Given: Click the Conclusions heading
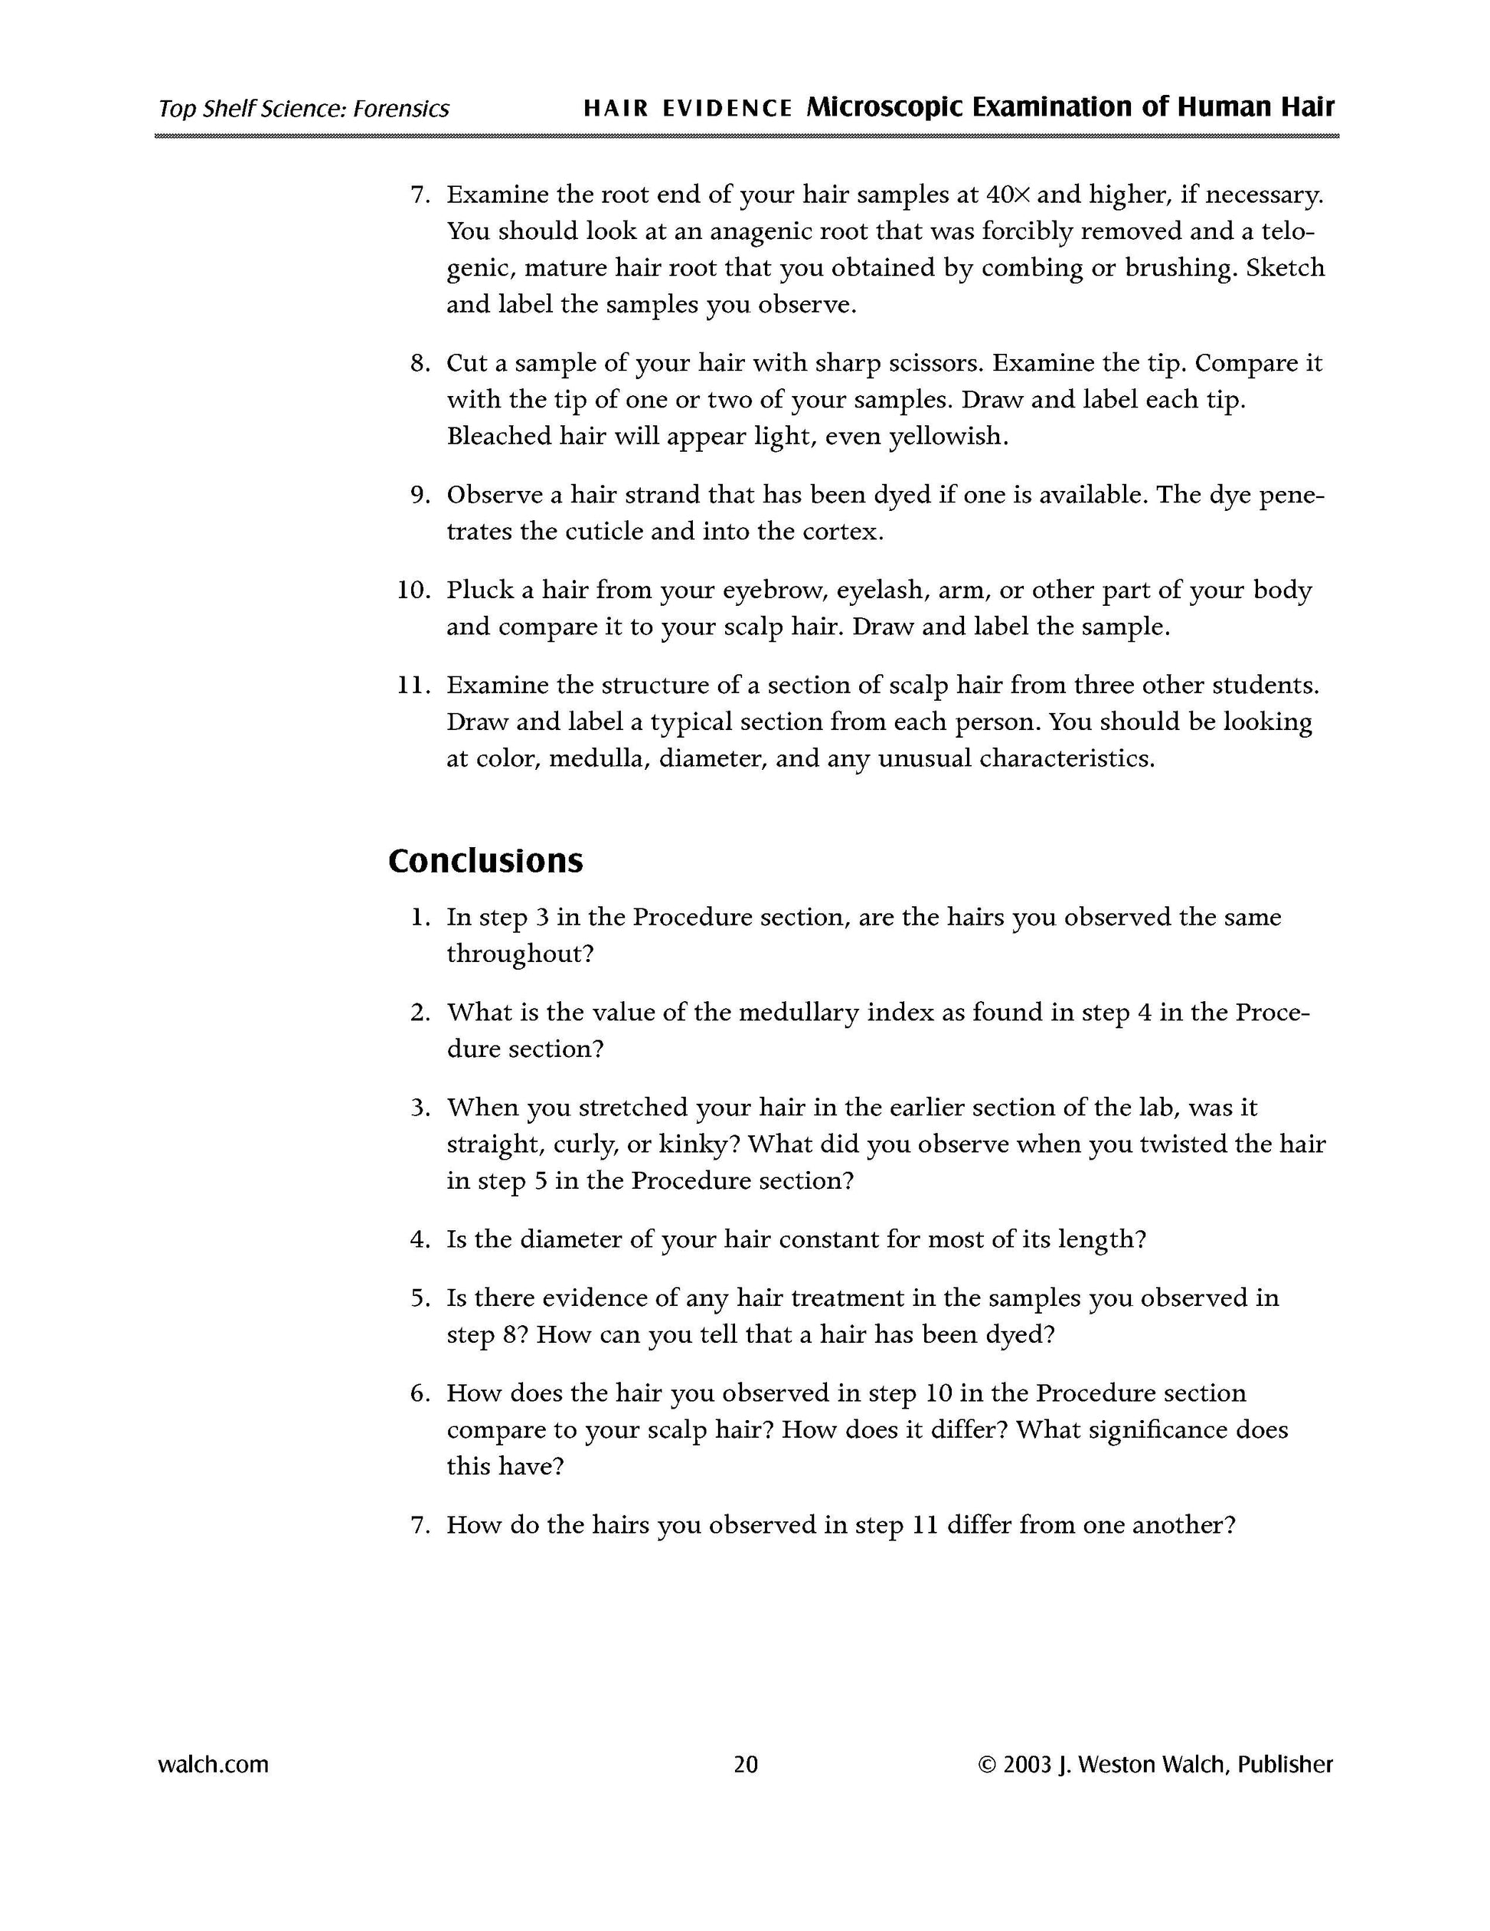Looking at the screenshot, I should pos(485,861).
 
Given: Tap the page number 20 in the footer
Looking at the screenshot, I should pos(745,1764).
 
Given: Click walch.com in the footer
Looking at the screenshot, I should pos(213,1764).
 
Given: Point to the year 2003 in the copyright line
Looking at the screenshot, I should pos(1028,1764).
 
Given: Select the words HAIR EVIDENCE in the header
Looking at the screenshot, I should pos(688,109).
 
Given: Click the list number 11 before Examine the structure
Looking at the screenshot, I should pos(413,686).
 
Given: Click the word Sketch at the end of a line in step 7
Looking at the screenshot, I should pos(1285,268).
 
